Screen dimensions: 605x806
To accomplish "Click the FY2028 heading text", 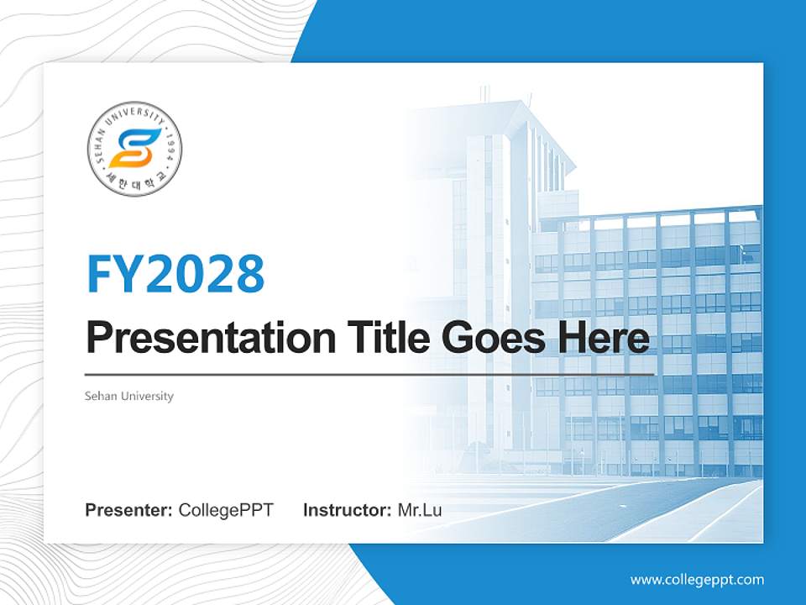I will coord(175,273).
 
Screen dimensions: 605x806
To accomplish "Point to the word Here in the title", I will coord(608,338).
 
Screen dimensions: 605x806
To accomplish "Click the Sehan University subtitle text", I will coord(129,396).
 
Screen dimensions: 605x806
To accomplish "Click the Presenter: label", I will coord(129,510).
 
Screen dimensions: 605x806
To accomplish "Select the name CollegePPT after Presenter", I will coord(226,510).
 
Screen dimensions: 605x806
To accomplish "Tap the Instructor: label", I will coord(347,510).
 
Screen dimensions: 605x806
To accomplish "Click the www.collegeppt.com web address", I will coord(697,580).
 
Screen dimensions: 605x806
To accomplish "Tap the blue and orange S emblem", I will coord(134,148).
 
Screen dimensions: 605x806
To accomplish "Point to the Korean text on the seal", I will coord(134,186).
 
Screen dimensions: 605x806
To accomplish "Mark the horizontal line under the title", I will coord(369,374).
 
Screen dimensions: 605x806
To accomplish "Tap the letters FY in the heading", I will coord(115,273).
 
